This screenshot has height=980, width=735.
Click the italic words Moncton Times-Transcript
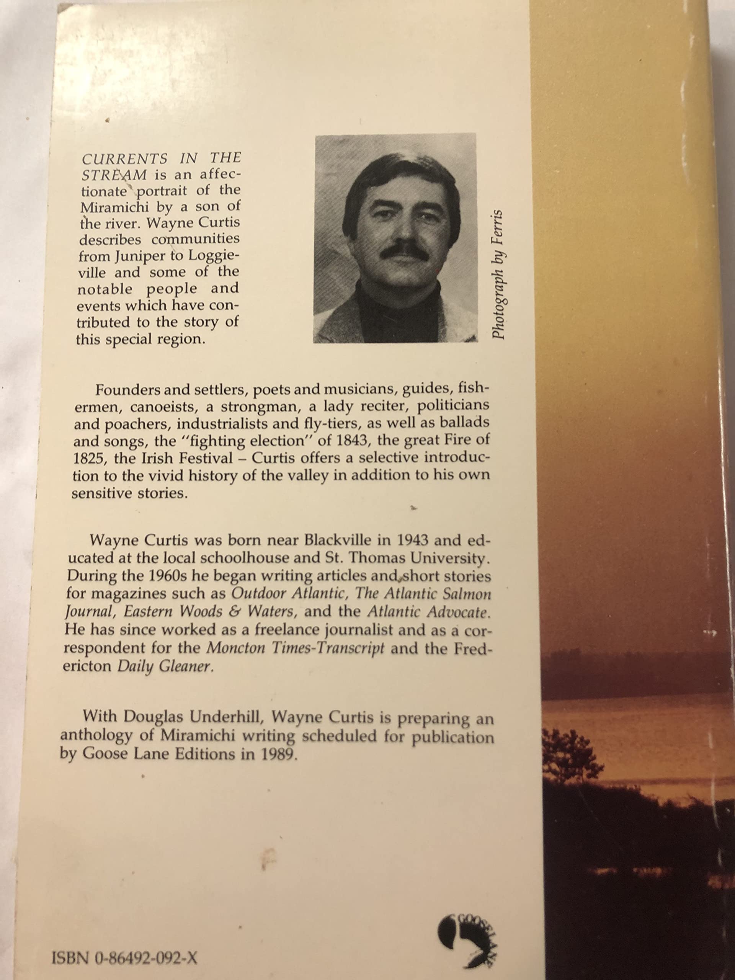tap(296, 648)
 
